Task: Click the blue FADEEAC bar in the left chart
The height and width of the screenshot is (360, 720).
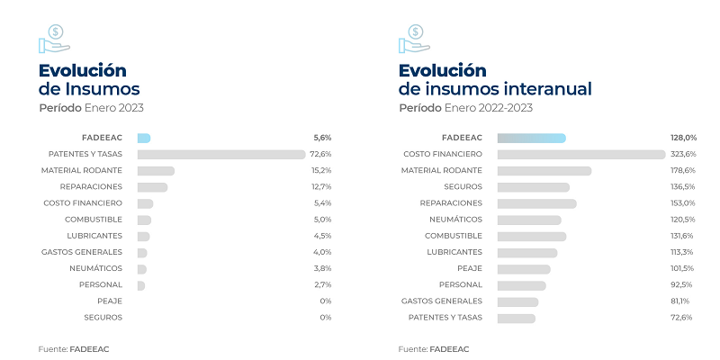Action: coord(144,138)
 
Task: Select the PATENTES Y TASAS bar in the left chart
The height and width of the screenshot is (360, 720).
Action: coord(221,154)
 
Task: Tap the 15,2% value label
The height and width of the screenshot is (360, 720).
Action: coord(321,170)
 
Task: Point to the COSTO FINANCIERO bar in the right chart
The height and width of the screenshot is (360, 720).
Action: coord(581,154)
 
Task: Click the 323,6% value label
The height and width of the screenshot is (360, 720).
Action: coord(683,154)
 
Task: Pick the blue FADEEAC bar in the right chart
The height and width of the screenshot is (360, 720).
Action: coord(531,138)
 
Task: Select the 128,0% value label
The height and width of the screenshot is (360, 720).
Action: coord(683,138)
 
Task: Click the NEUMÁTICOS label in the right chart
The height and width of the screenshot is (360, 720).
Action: coord(457,219)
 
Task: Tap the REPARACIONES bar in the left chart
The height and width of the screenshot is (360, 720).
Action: coord(152,186)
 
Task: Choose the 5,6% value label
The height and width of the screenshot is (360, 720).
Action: coord(321,138)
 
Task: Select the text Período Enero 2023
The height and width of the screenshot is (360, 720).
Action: coord(91,108)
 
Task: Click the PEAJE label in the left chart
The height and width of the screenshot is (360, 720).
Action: coord(110,301)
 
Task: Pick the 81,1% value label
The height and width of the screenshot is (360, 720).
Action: coord(683,301)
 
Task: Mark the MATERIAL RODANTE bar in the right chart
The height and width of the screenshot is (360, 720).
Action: coord(544,170)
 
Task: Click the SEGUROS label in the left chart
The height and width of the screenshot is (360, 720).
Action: coord(103,317)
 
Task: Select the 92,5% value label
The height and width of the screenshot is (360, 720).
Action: coord(683,284)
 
